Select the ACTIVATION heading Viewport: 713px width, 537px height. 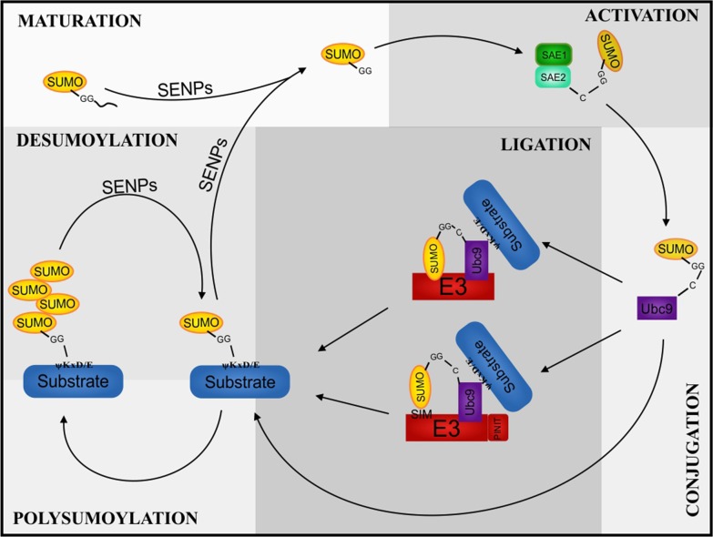(x=642, y=15)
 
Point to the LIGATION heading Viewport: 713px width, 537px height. (x=545, y=144)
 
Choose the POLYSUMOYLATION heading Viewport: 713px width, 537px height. (x=106, y=519)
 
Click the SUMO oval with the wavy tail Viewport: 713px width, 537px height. (x=65, y=83)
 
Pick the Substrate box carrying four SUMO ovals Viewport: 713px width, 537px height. (x=73, y=381)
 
